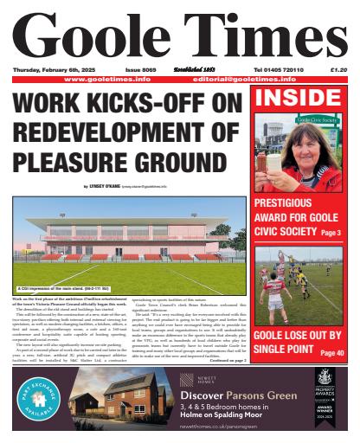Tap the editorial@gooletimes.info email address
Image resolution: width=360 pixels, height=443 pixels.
click(252, 78)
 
